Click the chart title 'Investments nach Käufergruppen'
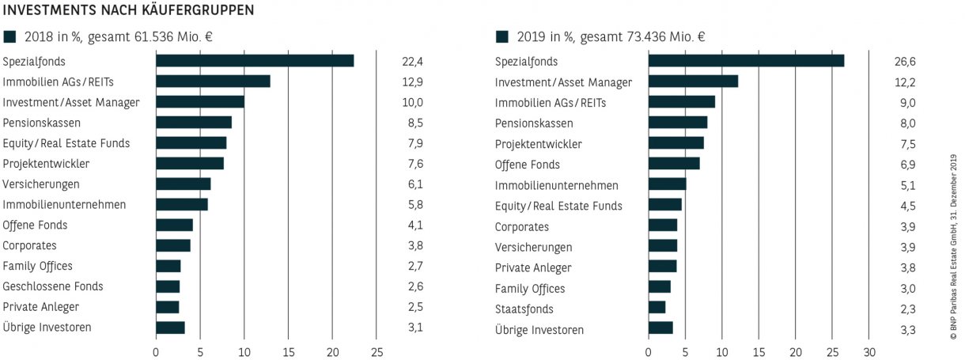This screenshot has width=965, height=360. pos(129,11)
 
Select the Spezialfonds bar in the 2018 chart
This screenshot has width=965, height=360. pos(255,61)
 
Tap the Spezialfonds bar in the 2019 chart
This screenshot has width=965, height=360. pos(746,61)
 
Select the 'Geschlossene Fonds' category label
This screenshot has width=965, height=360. pos(53,286)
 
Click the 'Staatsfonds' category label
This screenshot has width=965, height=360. pos(524,309)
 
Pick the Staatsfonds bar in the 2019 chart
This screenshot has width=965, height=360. pos(657,307)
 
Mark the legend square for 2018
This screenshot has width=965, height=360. pos(9,36)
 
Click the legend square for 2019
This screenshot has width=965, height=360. pos(501,36)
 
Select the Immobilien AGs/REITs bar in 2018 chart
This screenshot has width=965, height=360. pos(213,81)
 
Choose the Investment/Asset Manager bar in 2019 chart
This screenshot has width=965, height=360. pos(693,81)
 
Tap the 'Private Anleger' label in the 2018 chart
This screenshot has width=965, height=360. pos(41,307)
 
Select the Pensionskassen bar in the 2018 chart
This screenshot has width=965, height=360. pos(194,123)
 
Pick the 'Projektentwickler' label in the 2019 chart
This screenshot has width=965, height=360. pos(538,143)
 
